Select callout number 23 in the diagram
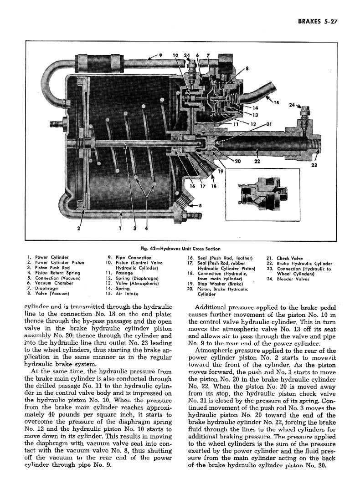click(314, 166)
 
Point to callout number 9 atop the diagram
click(160, 55)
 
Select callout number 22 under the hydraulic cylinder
click(257, 161)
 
